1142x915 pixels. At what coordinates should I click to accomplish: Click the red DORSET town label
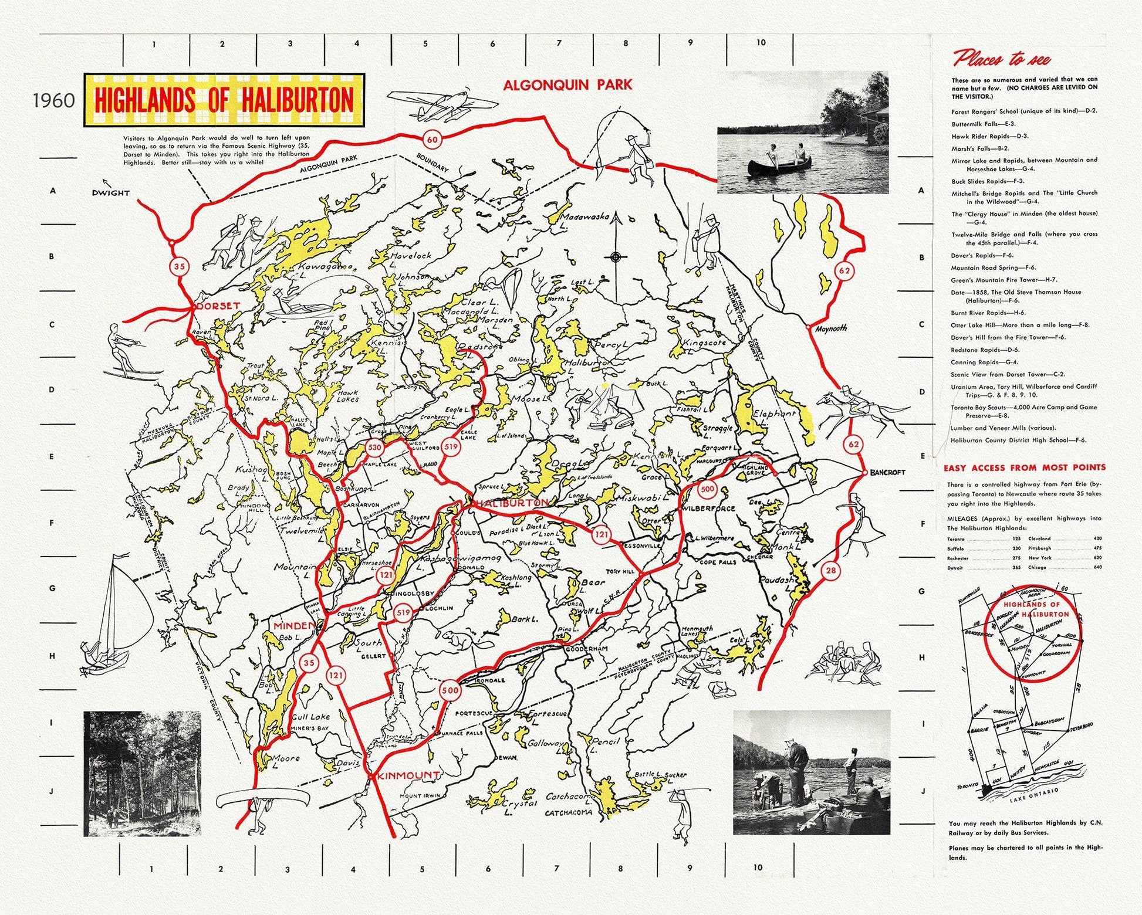pos(218,306)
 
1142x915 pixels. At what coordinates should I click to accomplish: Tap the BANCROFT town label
pos(887,472)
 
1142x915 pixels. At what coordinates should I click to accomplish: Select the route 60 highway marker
pos(432,140)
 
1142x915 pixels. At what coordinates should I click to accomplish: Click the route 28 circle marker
pos(829,570)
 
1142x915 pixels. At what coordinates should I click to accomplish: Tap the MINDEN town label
pos(290,626)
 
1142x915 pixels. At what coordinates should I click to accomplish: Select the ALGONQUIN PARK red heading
pos(567,84)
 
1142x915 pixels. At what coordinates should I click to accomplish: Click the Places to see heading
pos(1002,59)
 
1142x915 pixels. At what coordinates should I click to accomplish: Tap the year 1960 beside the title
pos(54,100)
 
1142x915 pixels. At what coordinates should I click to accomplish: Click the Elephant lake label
pos(774,414)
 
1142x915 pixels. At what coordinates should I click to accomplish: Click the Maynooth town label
pos(832,328)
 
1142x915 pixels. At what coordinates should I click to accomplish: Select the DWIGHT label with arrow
pos(110,192)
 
